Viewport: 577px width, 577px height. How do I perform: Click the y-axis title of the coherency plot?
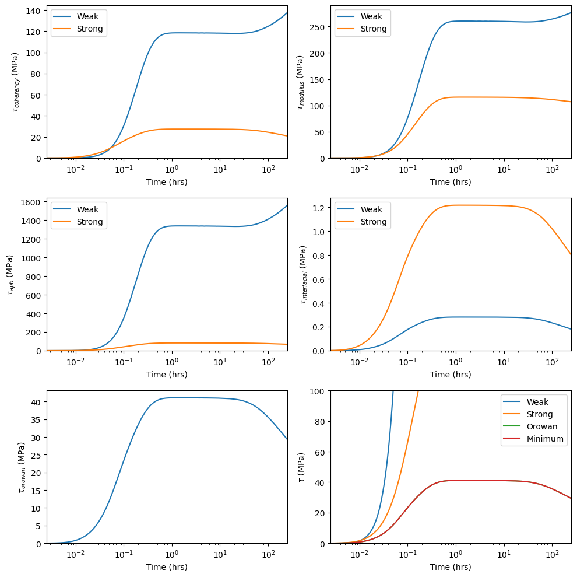[15, 82]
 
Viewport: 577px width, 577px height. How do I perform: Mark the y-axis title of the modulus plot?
[300, 82]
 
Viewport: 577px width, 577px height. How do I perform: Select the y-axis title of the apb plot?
[10, 274]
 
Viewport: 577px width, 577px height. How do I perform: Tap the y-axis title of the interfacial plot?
[303, 274]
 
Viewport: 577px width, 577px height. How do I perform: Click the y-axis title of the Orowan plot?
[21, 467]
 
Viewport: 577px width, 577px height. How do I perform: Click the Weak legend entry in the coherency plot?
[87, 16]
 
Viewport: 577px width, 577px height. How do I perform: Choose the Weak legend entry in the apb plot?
[87, 209]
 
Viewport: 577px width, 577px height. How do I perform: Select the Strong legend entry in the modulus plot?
[373, 29]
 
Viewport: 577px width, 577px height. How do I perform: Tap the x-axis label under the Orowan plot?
[167, 566]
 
